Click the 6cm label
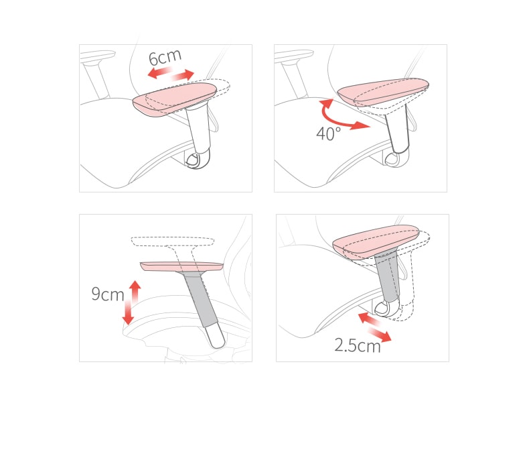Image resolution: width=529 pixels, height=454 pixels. pos(165,58)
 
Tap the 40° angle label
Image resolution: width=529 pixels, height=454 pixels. pos(328,133)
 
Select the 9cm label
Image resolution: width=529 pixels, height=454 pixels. pos(108,294)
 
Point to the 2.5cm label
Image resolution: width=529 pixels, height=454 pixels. pos(358,345)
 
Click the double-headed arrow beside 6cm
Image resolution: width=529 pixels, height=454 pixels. pos(171,74)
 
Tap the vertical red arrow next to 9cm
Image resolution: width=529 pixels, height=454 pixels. pos(131,302)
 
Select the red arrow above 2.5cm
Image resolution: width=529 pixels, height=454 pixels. pos(374,327)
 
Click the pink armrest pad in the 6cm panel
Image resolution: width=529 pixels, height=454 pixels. pos(174,100)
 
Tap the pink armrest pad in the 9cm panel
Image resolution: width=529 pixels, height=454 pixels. pos(181,266)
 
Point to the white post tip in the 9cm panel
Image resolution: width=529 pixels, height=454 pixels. pos(216,336)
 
